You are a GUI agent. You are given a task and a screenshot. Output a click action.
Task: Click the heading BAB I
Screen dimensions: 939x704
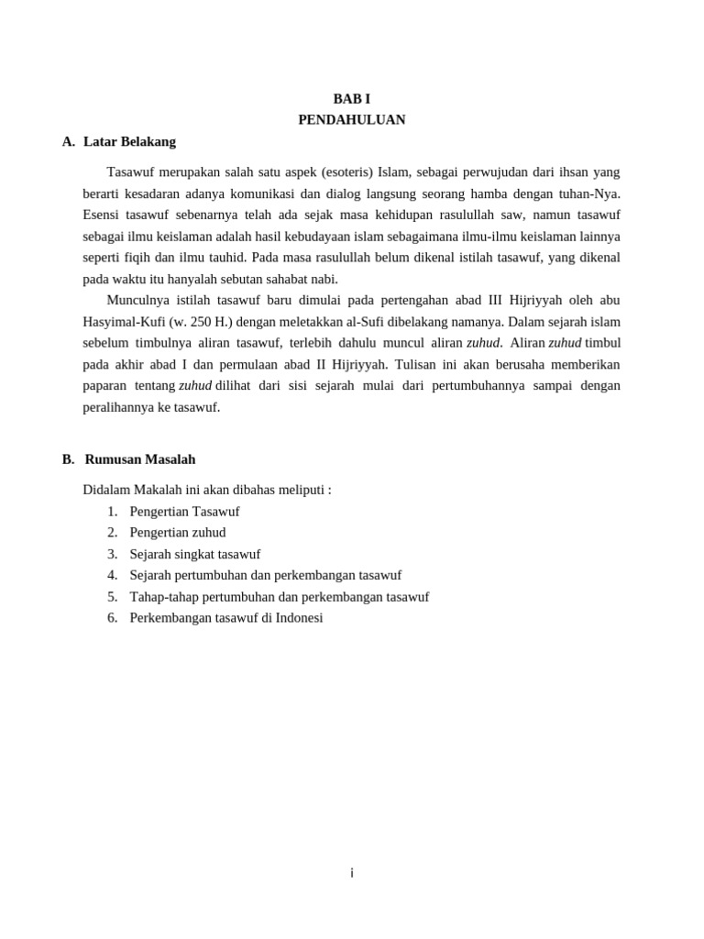pyautogui.click(x=351, y=98)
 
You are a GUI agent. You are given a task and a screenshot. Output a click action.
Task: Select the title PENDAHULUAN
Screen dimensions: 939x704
pyautogui.click(x=351, y=120)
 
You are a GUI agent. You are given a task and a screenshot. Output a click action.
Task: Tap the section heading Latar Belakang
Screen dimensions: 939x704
pyautogui.click(x=129, y=142)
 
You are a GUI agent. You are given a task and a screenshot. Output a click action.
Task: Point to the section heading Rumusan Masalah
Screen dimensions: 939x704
pyautogui.click(x=139, y=459)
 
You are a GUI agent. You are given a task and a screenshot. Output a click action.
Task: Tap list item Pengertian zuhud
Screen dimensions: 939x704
pyautogui.click(x=178, y=533)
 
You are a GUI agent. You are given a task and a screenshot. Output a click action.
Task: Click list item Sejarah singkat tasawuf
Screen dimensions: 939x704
pyautogui.click(x=195, y=554)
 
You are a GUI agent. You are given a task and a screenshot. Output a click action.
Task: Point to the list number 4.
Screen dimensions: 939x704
pyautogui.click(x=112, y=575)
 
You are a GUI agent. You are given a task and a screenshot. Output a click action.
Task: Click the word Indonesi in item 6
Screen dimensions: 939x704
pyautogui.click(x=298, y=618)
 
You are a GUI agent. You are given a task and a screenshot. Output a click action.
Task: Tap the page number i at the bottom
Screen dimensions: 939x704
pyautogui.click(x=351, y=873)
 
